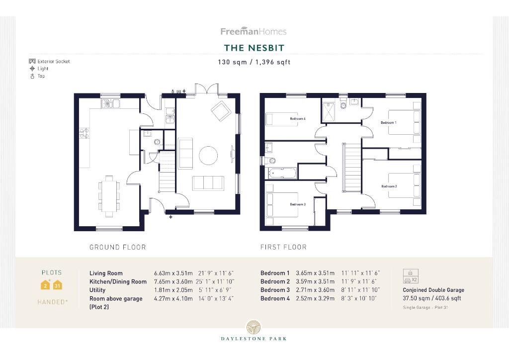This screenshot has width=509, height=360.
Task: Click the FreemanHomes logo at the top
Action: (x=254, y=31)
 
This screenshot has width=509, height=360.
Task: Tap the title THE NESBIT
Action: (x=254, y=48)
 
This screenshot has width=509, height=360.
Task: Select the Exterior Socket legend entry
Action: (x=49, y=61)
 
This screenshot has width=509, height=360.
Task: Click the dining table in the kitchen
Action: (x=109, y=193)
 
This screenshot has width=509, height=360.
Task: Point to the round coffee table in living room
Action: (x=208, y=156)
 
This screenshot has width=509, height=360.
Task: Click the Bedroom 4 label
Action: (x=298, y=119)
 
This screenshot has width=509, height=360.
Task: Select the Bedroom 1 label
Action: (x=388, y=122)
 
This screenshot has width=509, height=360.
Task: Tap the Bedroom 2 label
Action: (x=389, y=186)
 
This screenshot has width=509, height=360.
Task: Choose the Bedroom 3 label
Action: (x=297, y=204)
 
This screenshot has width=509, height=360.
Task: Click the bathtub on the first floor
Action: (x=282, y=173)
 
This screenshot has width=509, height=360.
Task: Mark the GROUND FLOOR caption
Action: (x=118, y=247)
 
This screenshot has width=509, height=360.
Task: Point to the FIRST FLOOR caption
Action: (x=283, y=247)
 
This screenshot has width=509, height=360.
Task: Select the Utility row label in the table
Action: (x=97, y=290)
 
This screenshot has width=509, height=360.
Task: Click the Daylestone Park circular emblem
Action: (x=254, y=327)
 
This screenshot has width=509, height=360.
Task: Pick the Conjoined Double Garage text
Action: (x=433, y=290)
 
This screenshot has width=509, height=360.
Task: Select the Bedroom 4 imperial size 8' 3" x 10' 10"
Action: (x=359, y=298)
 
